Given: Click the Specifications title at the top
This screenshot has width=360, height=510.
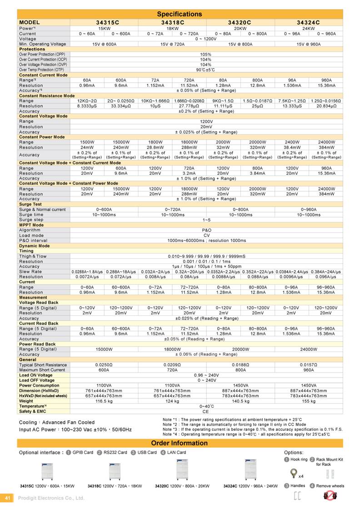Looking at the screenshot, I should [179, 14].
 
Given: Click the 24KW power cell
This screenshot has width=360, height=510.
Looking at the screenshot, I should [309, 28].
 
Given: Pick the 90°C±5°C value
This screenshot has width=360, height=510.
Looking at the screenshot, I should [206, 70].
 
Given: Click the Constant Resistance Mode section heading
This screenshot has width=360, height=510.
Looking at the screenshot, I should [47, 96].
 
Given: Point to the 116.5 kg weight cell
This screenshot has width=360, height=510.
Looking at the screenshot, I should [104, 401].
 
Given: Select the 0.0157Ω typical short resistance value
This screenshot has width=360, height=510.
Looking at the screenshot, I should [309, 364].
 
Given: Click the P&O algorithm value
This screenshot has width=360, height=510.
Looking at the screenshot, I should [206, 230].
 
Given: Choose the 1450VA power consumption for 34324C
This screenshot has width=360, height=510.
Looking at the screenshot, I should [309, 385].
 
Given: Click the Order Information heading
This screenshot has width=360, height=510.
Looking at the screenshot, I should [179, 443].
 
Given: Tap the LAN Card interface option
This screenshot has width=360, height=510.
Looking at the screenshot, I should [175, 453].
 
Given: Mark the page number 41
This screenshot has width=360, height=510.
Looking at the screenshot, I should [7, 498].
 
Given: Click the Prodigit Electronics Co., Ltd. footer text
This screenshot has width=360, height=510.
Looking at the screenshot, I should [51, 498].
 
